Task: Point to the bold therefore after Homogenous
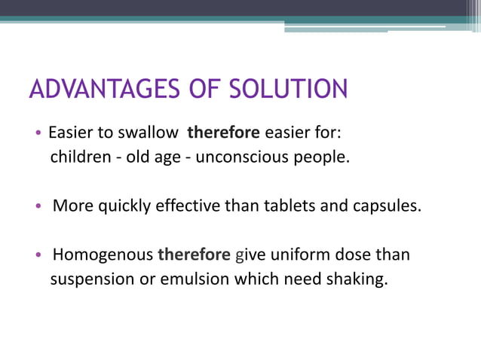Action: [x=194, y=255]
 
